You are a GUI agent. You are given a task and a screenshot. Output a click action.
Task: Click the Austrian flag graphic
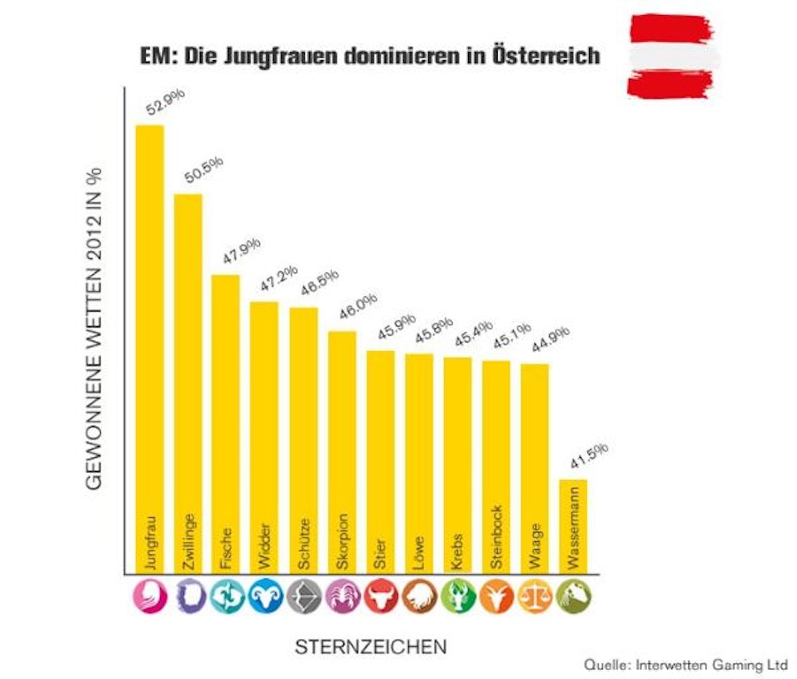pos(670,55)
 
